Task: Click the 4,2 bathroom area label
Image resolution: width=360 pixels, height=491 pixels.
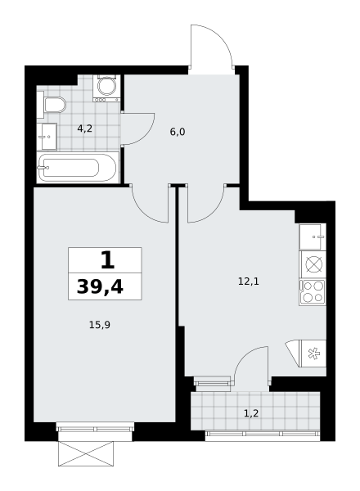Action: click(84, 128)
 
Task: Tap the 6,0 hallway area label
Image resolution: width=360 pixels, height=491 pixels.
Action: click(178, 132)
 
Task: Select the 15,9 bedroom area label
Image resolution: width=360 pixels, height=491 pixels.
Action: click(100, 325)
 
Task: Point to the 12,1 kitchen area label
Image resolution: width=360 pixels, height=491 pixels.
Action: click(249, 282)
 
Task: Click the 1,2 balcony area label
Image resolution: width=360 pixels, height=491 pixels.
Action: click(251, 413)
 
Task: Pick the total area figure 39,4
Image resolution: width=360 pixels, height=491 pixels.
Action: click(100, 287)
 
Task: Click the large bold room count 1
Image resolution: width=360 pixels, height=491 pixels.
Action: click(107, 260)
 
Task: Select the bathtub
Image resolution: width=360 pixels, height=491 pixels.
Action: click(78, 168)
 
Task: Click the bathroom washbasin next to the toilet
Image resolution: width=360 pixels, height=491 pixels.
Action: click(47, 137)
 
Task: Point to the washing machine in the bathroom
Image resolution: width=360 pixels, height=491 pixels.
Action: click(106, 88)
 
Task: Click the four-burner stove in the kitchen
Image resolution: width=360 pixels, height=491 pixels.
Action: click(313, 292)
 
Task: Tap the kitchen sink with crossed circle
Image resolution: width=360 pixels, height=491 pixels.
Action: click(313, 264)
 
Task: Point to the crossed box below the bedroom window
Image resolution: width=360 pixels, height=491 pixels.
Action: click(86, 453)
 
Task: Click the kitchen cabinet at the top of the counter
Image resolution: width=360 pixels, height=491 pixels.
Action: click(313, 236)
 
